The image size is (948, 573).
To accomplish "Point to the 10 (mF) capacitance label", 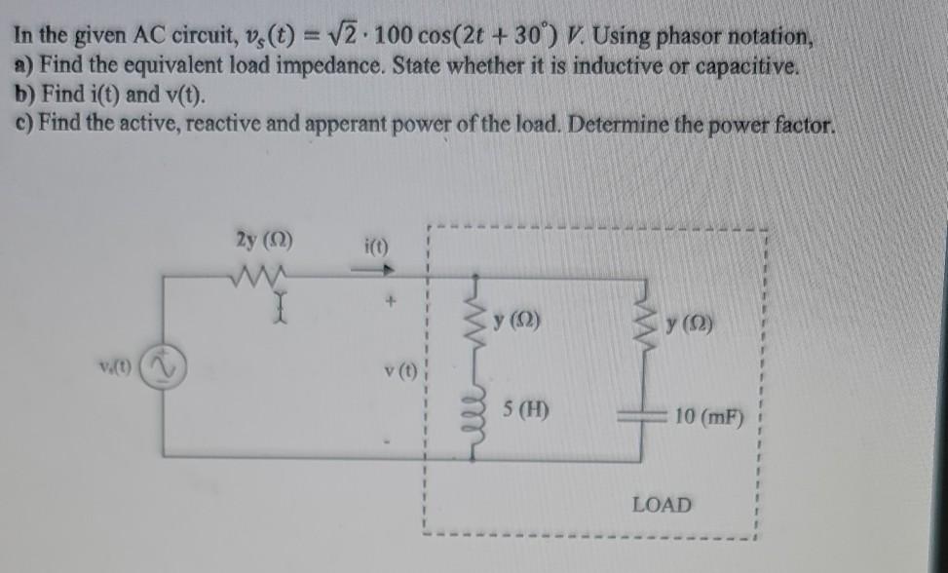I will click(x=709, y=420).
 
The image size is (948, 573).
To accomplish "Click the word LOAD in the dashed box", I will click(x=662, y=505).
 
